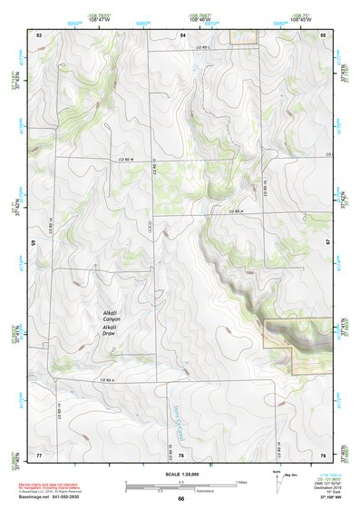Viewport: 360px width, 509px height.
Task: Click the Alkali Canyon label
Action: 115,318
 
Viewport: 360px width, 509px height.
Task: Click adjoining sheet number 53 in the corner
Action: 39,34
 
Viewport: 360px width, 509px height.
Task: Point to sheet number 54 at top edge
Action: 182,34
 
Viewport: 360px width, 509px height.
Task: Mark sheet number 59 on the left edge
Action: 34,243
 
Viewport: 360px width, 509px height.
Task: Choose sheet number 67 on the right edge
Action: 327,243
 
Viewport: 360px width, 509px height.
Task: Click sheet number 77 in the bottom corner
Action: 39,453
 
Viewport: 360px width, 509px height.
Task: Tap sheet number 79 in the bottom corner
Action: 324,453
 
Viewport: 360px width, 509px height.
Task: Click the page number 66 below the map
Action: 181,499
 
